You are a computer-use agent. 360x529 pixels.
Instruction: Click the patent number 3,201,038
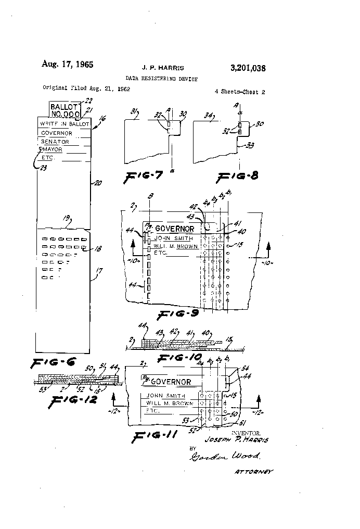[248, 68]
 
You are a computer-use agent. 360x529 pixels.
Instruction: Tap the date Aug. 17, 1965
[67, 65]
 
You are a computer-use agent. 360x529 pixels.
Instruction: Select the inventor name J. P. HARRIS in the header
[163, 68]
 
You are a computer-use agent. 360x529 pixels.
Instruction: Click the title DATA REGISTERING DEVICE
[161, 78]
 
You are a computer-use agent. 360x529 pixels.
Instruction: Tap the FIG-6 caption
[54, 363]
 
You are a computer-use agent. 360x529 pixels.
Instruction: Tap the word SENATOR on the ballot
[55, 141]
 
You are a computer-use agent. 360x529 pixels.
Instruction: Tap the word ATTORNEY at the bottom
[254, 471]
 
